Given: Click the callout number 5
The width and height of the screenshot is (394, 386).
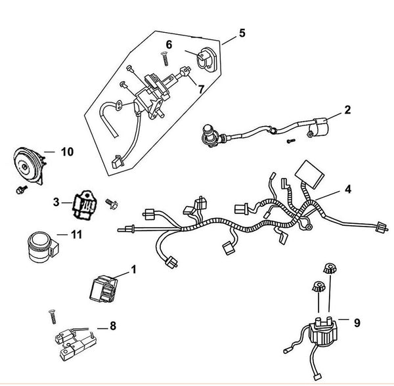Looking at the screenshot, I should click(x=242, y=32).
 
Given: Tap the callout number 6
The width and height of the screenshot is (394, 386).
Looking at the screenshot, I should click(x=169, y=45).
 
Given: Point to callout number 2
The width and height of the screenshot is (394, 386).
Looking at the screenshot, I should click(x=347, y=110).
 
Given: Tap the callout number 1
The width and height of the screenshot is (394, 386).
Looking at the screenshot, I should click(x=134, y=269).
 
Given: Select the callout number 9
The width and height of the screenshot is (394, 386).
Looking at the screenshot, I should click(x=358, y=323).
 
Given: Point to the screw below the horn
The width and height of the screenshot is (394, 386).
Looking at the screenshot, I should click(x=22, y=189).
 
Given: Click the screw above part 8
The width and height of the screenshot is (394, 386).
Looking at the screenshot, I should click(x=49, y=317).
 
